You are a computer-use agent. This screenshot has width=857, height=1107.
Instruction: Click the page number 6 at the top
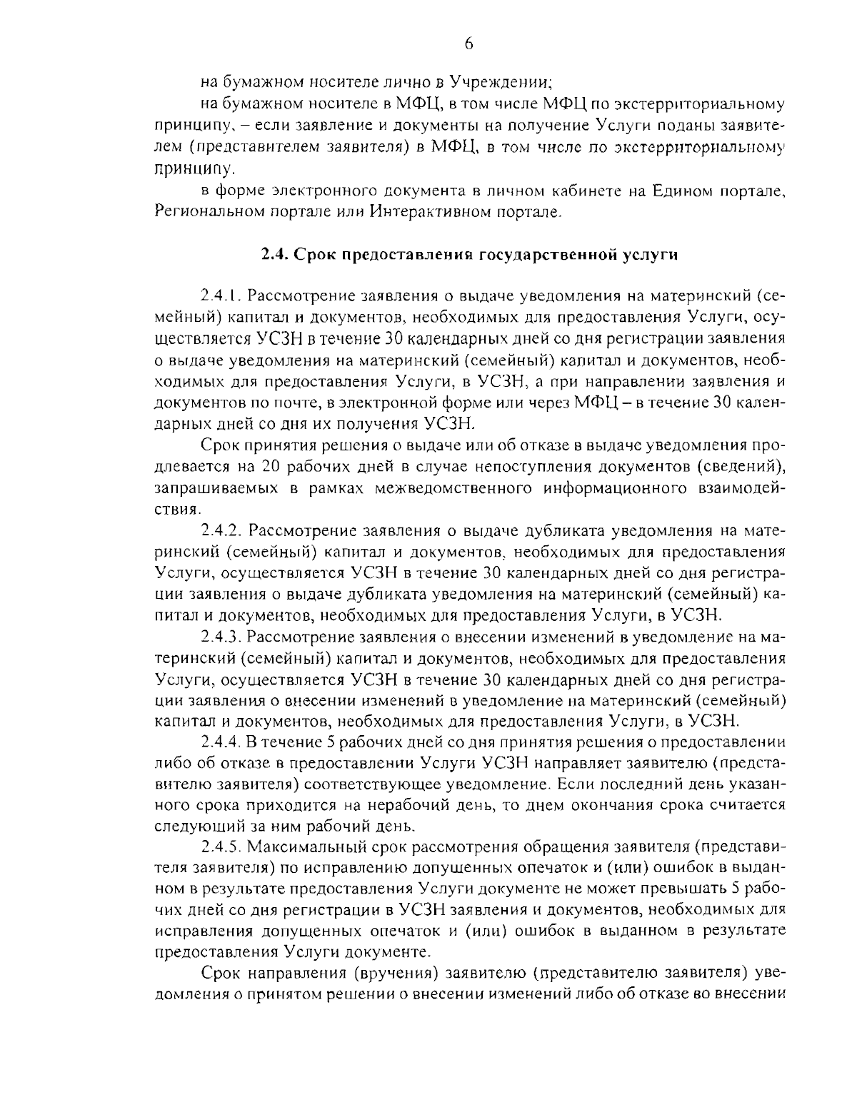click(x=468, y=44)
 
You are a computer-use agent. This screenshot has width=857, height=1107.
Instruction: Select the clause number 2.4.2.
click(x=224, y=531)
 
